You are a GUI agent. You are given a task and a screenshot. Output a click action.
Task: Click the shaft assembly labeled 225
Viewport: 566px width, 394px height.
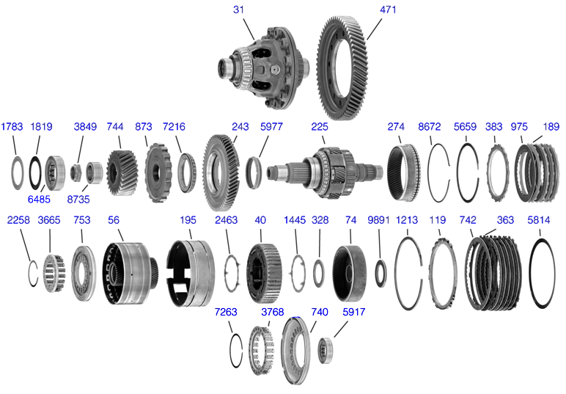click(326, 171)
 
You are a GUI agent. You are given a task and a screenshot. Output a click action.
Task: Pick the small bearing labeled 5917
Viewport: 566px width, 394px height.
click(326, 351)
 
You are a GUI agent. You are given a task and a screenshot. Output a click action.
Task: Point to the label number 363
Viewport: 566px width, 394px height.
click(504, 219)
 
